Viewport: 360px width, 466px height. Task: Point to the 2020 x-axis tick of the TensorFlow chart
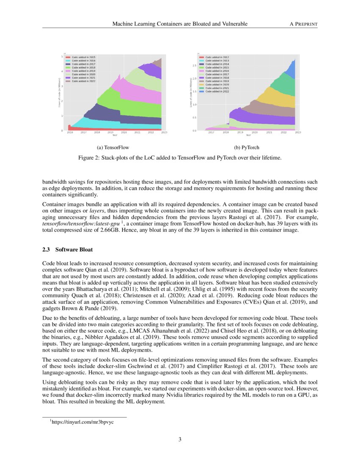pyautogui.click(x=124, y=133)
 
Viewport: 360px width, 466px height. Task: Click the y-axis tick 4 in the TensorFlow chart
pyautogui.click(x=62, y=72)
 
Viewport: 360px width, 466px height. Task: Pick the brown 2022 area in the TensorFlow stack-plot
pyautogui.click(x=158, y=64)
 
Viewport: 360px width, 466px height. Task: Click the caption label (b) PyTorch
pyautogui.click(x=246, y=147)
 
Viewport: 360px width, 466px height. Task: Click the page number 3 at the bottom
pyautogui.click(x=180, y=439)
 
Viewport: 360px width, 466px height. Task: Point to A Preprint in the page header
pyautogui.click(x=303, y=24)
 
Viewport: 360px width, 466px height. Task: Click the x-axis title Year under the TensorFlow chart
pyautogui.click(x=114, y=136)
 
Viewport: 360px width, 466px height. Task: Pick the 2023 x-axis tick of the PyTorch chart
pyautogui.click(x=298, y=133)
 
